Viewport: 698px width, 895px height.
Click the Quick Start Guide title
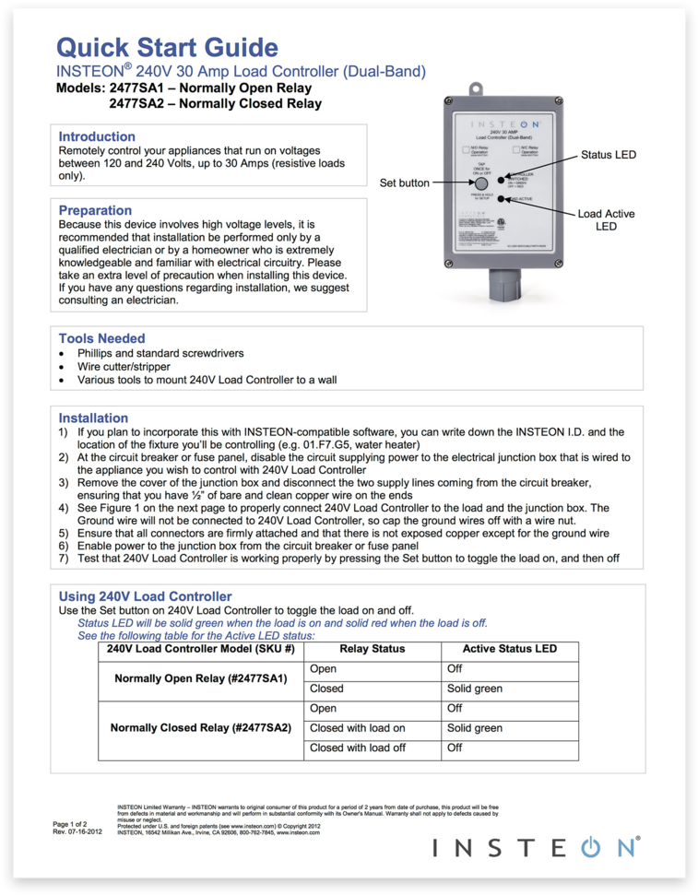pyautogui.click(x=167, y=47)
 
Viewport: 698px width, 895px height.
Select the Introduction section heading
pyautogui.click(x=97, y=136)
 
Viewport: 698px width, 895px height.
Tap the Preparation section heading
pyautogui.click(x=95, y=210)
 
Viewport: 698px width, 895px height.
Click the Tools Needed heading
pyautogui.click(x=101, y=338)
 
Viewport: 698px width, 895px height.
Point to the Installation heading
pyautogui.click(x=93, y=418)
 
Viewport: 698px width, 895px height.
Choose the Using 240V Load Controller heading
pyautogui.click(x=145, y=596)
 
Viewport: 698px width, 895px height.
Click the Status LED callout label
pyautogui.click(x=608, y=155)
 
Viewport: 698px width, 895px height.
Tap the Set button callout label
pyautogui.click(x=405, y=183)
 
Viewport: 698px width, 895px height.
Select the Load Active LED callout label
pyautogui.click(x=606, y=219)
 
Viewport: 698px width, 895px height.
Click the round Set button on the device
pyautogui.click(x=481, y=183)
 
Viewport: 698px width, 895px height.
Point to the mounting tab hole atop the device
pyautogui.click(x=477, y=89)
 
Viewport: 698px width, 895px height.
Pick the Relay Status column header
pyautogui.click(x=372, y=649)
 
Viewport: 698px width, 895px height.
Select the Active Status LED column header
pyautogui.click(x=509, y=649)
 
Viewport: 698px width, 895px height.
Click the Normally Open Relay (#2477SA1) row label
pyautogui.click(x=200, y=678)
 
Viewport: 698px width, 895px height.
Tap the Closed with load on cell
pyautogui.click(x=358, y=727)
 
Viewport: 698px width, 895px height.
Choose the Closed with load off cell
pyautogui.click(x=358, y=748)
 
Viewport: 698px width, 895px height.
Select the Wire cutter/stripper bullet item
pyautogui.click(x=124, y=366)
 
